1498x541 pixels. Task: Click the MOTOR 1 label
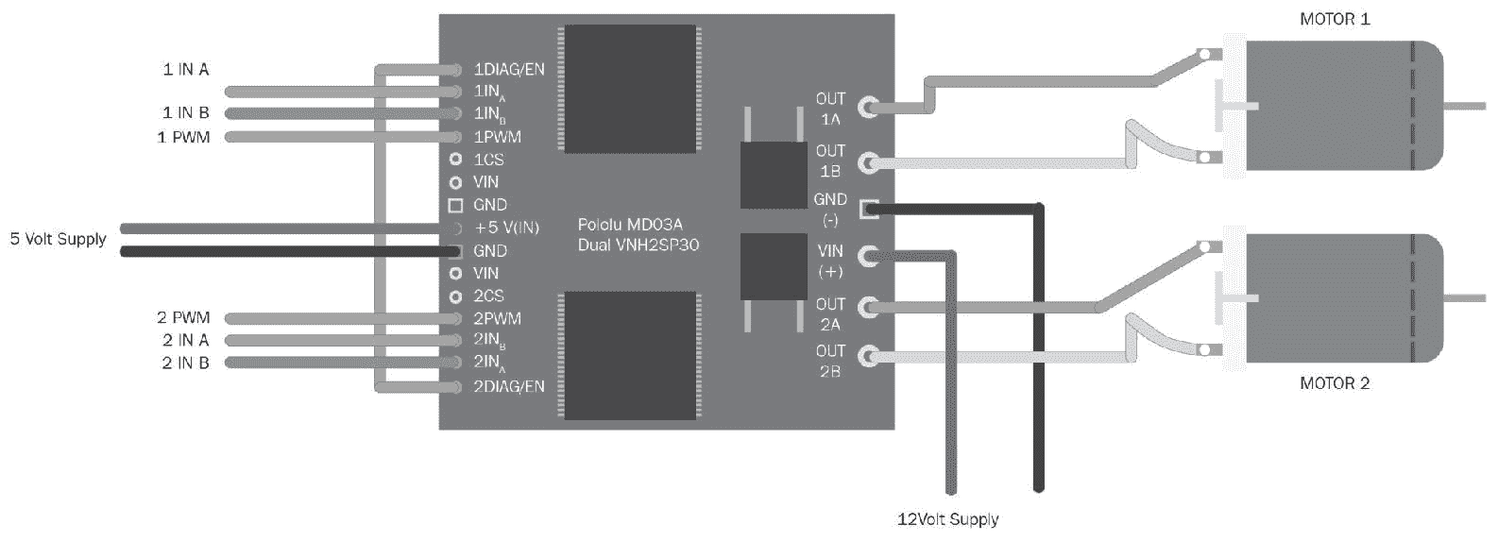(x=1334, y=19)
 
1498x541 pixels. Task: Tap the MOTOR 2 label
(x=1334, y=383)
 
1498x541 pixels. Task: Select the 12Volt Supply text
(x=947, y=519)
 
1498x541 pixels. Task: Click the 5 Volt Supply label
(x=59, y=239)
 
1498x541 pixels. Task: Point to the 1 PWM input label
(x=184, y=137)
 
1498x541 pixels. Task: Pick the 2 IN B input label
(x=186, y=363)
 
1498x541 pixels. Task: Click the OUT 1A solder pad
(x=868, y=107)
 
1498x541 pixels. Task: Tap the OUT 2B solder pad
(x=868, y=356)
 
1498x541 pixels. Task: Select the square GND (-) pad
(x=868, y=209)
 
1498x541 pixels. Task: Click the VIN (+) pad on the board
(x=868, y=255)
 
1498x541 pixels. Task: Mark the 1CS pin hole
(x=455, y=159)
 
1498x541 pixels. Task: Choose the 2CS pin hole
(x=455, y=296)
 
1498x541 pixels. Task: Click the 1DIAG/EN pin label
(x=508, y=69)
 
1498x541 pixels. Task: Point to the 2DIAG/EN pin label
(x=508, y=386)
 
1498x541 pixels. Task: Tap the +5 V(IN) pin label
(x=506, y=228)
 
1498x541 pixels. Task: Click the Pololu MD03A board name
(x=630, y=225)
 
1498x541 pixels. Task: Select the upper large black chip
(x=630, y=88)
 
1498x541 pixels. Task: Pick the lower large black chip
(x=630, y=355)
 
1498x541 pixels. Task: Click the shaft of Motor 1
(x=1464, y=106)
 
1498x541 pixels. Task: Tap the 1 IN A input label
(x=186, y=69)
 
